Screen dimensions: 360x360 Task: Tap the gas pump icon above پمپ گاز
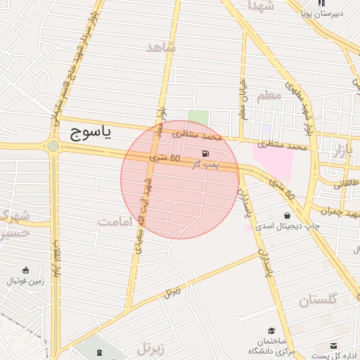point(205,153)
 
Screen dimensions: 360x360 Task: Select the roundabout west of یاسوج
point(53,146)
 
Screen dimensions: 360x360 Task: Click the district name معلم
point(268,96)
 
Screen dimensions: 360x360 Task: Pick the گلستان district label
point(319,300)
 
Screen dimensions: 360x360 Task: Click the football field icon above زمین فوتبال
point(26,271)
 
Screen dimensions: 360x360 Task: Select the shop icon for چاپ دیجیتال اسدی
point(287,215)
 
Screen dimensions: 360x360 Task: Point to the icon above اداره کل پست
point(334,346)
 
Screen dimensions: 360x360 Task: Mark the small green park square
point(198,117)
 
